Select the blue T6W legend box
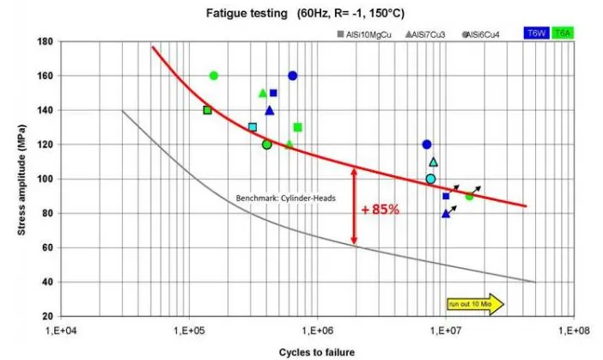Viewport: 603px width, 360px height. pyautogui.click(x=536, y=33)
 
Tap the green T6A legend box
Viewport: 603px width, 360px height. pyautogui.click(x=563, y=33)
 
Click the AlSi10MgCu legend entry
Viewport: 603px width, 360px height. pyautogui.click(x=361, y=34)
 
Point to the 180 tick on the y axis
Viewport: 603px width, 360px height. pyautogui.click(x=44, y=41)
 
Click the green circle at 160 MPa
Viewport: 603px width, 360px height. pyautogui.click(x=214, y=76)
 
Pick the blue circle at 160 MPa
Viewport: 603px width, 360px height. pyautogui.click(x=292, y=76)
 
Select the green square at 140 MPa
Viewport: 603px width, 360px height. pyautogui.click(x=207, y=110)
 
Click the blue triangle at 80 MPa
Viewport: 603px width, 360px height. pyautogui.click(x=446, y=213)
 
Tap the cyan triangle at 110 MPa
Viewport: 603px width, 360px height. pyautogui.click(x=433, y=162)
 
